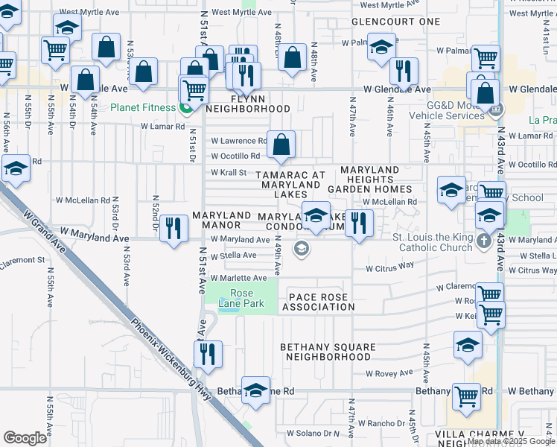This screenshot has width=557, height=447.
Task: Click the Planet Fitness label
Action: pyautogui.click(x=143, y=107)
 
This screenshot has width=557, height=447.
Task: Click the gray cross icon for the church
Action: pyautogui.click(x=484, y=241)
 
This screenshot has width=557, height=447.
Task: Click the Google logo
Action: pyautogui.click(x=25, y=438)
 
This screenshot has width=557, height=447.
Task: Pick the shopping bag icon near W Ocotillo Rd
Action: pyautogui.click(x=281, y=145)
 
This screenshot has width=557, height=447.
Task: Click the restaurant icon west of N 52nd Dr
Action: pyautogui.click(x=174, y=229)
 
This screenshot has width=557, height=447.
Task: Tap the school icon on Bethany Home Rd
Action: pyautogui.click(x=255, y=392)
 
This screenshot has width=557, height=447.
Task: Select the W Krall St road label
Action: pyautogui.click(x=229, y=173)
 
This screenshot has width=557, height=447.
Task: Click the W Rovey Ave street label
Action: pyautogui.click(x=389, y=373)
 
